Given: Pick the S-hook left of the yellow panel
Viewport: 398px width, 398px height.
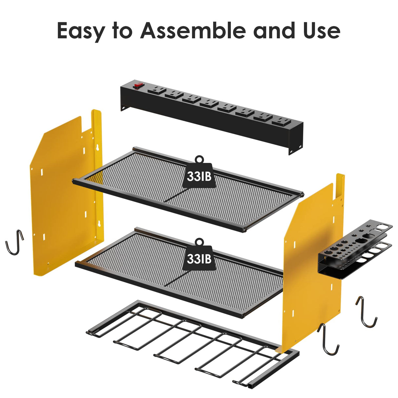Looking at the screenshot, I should tap(14, 242).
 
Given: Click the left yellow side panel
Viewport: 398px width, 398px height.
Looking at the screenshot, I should tap(62, 197).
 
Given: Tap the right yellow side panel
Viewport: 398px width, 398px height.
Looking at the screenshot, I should tap(311, 262).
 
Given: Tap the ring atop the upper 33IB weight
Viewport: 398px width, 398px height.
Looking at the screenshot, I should tap(199, 159).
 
